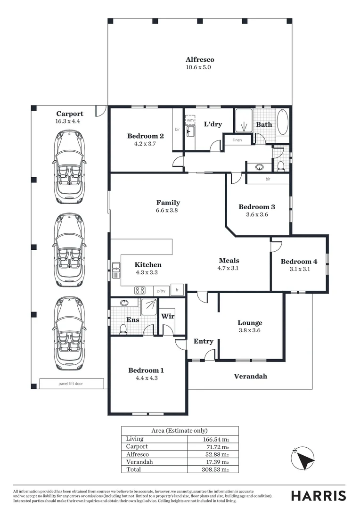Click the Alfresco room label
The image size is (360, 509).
click(x=200, y=60)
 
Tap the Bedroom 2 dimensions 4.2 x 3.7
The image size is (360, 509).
click(x=145, y=144)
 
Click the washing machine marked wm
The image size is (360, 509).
click(x=190, y=121)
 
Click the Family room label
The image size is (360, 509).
click(x=169, y=203)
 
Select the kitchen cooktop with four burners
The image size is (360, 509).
click(x=140, y=290)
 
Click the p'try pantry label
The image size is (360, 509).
click(x=161, y=291)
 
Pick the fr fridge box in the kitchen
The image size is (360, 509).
click(x=178, y=290)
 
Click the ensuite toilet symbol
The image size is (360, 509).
click(x=123, y=328)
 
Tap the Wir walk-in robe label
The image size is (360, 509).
click(x=168, y=316)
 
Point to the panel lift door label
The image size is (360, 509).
click(x=72, y=384)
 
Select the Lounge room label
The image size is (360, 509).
click(x=250, y=323)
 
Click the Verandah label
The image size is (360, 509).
click(x=251, y=376)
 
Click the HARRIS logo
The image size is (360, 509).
click(x=318, y=496)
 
